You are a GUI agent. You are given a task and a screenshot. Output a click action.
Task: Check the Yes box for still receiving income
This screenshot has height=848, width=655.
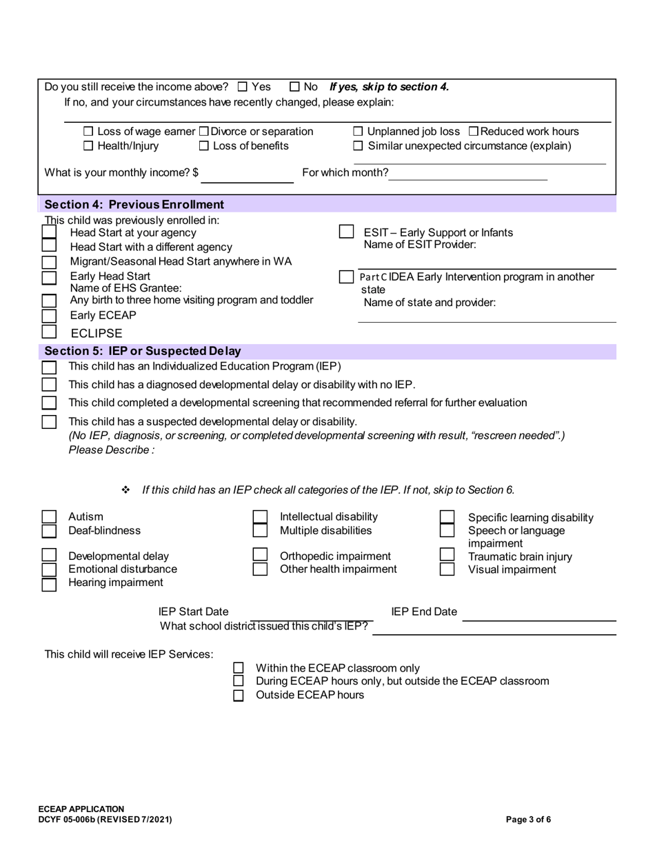coord(242,87)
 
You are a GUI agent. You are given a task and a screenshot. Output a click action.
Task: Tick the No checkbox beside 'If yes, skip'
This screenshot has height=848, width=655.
coord(294,87)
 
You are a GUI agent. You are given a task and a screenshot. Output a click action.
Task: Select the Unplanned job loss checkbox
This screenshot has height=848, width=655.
coord(358,132)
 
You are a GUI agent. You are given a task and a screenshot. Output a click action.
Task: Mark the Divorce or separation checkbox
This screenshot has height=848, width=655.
coord(203,132)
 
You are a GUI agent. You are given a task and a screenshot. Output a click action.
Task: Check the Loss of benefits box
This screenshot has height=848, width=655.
coord(203,146)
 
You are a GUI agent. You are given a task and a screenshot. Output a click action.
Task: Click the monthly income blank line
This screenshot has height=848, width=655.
coord(247,176)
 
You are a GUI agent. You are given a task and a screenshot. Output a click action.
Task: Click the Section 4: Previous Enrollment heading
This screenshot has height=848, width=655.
coord(134,205)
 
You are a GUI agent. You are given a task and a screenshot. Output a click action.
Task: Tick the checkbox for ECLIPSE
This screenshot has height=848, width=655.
coord(49,332)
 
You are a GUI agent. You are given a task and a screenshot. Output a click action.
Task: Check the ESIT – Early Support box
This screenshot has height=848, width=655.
coord(346,232)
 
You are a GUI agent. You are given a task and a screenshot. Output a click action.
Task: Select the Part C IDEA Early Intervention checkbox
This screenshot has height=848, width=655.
coord(346,276)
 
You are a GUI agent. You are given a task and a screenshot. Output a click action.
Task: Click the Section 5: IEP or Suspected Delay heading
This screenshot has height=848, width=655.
coord(143,352)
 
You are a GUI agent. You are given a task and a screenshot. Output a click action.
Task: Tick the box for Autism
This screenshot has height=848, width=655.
coord(49,517)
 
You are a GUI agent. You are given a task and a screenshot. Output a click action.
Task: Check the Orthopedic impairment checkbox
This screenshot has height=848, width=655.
coord(260,555)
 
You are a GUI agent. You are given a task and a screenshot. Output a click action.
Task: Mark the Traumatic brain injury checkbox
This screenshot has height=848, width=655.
coord(447,555)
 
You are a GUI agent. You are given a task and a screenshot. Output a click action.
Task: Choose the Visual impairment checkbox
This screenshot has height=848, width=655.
coord(447,569)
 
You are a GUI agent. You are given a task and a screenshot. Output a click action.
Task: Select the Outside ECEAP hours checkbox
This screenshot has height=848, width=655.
coord(239,696)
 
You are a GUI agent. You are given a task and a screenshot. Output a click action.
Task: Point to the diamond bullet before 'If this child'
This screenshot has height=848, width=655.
coord(125,490)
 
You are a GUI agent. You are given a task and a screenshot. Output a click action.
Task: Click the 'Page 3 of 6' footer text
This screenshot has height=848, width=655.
coord(528,820)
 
